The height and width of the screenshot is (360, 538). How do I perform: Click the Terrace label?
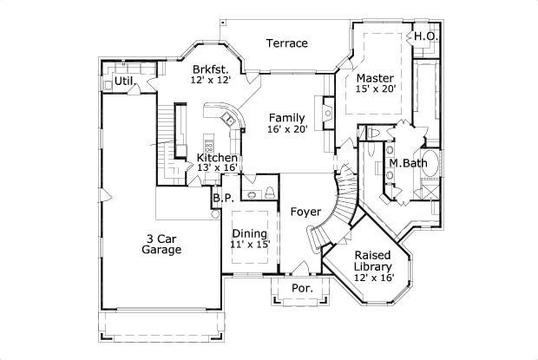287,43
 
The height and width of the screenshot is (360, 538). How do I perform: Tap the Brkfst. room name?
210,69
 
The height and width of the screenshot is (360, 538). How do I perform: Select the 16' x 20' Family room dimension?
287,129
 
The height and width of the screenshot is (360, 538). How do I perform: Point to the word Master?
375,78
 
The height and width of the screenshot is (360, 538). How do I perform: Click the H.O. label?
426,36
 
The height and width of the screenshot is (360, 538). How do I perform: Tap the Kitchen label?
217,158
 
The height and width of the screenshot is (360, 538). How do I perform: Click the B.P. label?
223,198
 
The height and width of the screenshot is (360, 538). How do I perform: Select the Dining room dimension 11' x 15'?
250,244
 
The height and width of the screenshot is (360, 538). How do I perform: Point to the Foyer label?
305,212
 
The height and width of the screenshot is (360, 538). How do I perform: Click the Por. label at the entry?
302,288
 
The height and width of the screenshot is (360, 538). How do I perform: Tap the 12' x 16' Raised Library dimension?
374,278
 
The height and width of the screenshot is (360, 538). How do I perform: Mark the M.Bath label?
408,163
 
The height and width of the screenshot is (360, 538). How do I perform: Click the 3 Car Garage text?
161,244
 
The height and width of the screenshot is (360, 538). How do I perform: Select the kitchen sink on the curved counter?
227,119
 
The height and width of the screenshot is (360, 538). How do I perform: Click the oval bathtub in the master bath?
430,163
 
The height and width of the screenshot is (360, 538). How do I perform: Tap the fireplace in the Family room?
328,113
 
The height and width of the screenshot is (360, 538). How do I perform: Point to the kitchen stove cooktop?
208,147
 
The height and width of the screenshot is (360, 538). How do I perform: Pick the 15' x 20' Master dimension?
376,88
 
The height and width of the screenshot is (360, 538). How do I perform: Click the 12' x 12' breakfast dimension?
210,80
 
